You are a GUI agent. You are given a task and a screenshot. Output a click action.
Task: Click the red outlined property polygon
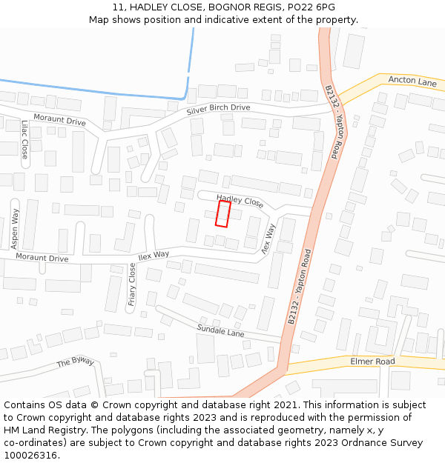point(222,213)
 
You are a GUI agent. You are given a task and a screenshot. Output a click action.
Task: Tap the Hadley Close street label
point(240,201)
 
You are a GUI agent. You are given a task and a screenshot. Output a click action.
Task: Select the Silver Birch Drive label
point(218,108)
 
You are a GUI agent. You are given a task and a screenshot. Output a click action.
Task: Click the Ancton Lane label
point(412,82)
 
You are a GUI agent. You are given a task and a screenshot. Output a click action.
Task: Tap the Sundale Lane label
point(220,330)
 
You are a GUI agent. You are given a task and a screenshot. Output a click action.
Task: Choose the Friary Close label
point(132,284)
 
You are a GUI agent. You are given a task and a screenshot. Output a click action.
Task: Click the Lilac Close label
point(24,139)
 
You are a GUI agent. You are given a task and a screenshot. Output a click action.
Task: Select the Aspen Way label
point(15,228)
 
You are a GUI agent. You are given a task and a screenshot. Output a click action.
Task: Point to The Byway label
point(76,362)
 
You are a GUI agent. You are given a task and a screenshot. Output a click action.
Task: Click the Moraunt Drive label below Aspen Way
point(42,259)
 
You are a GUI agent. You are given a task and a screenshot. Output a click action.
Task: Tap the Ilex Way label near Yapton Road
point(267,239)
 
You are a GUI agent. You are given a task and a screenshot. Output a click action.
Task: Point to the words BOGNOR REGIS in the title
point(240,7)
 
